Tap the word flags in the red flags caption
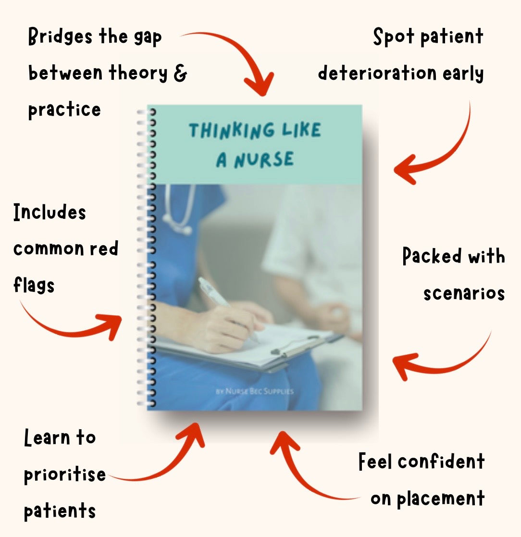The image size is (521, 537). click(34, 285)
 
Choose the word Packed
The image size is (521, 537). click(432, 256)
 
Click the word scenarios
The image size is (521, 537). click(464, 293)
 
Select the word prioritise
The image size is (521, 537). click(65, 475)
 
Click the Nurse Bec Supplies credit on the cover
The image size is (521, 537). click(254, 391)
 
